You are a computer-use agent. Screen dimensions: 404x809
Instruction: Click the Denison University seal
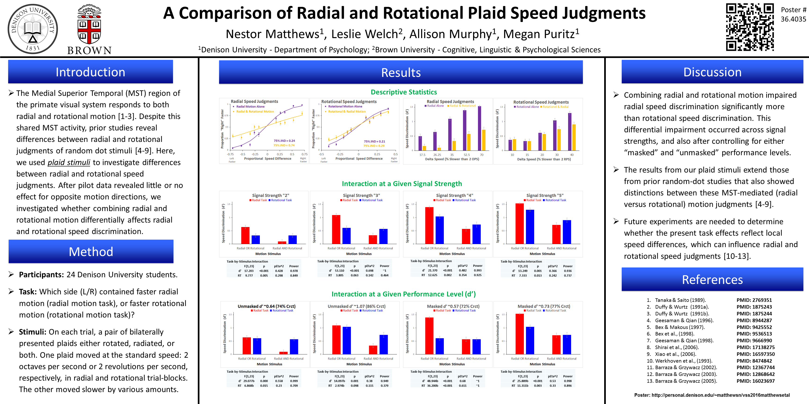[x=33, y=29]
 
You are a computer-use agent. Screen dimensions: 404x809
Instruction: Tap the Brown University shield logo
[x=89, y=25]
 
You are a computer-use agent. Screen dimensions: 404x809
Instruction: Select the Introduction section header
[x=90, y=72]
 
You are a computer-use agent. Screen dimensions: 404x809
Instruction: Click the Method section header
[x=91, y=252]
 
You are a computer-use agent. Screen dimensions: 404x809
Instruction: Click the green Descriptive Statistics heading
[x=404, y=92]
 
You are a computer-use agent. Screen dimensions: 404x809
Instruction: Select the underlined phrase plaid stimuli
[x=69, y=162]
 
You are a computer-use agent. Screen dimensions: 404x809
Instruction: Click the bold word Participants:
[x=41, y=275]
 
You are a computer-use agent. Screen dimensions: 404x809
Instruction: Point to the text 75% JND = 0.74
[x=284, y=145]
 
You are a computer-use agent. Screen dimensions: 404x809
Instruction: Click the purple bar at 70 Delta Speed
[x=479, y=129]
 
